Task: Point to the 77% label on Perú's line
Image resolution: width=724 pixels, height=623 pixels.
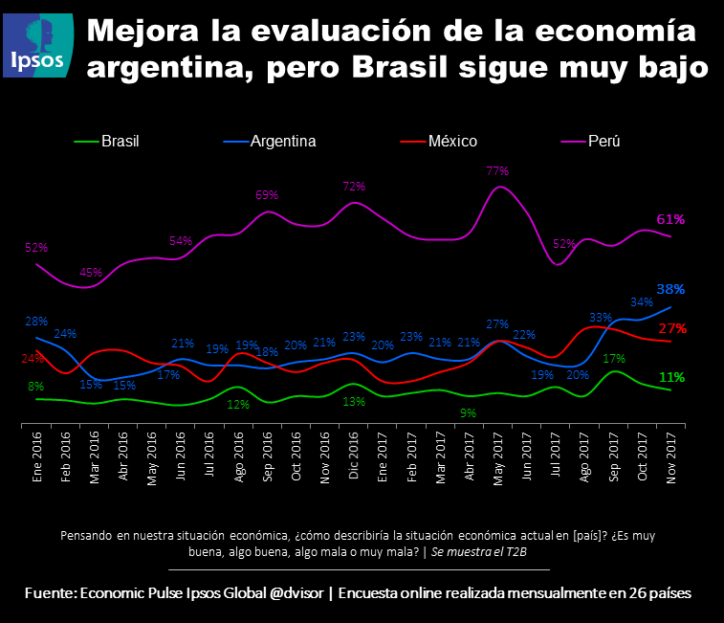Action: tap(496, 171)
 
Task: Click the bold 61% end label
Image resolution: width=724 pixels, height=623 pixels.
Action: tap(670, 219)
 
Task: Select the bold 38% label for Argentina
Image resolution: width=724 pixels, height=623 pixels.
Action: tap(670, 289)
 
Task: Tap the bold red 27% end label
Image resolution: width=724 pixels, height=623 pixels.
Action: tap(672, 328)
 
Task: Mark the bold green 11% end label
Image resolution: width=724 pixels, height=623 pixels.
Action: tap(671, 377)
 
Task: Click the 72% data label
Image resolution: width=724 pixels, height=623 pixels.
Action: tap(354, 186)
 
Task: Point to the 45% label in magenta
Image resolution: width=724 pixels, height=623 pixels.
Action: tap(91, 272)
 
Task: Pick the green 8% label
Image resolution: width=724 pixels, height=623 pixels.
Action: tap(35, 386)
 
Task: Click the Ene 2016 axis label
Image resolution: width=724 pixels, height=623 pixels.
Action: tap(37, 465)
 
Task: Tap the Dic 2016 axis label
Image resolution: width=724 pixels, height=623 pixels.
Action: tap(353, 465)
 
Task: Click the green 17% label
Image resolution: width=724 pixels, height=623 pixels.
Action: tap(615, 359)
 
